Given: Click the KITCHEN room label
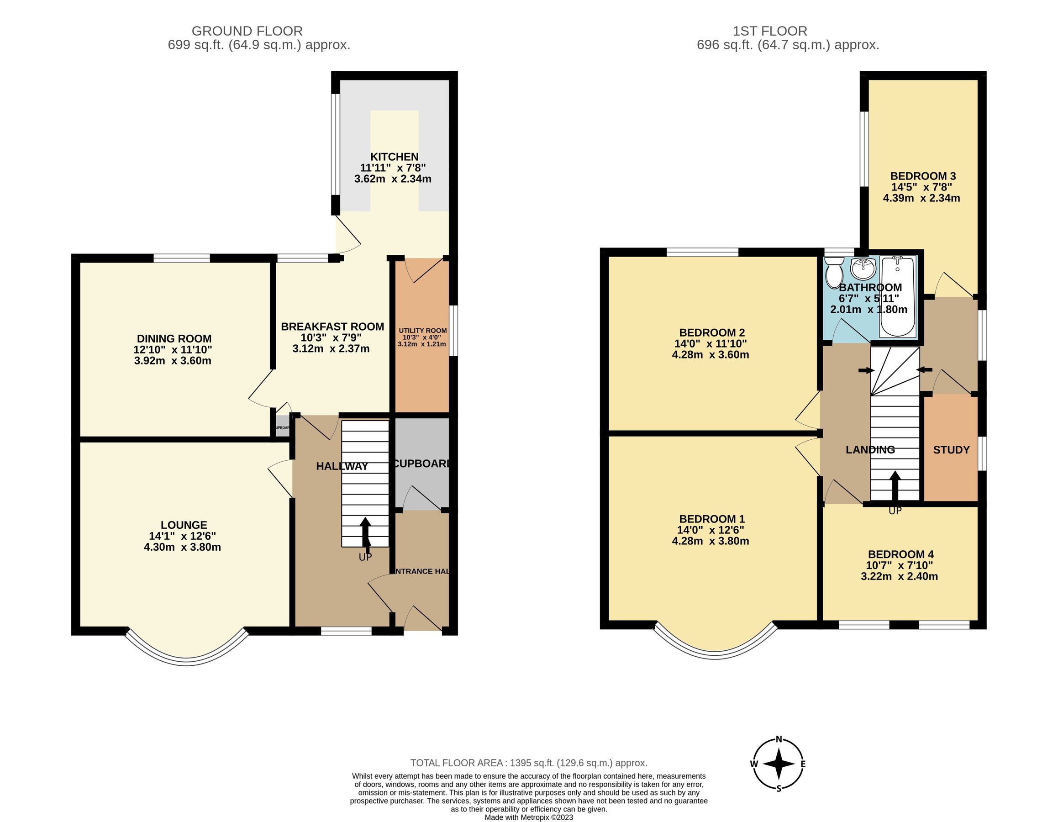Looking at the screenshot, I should tap(394, 157).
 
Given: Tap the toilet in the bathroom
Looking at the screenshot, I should tap(834, 272).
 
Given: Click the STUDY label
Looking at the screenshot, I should tap(951, 450).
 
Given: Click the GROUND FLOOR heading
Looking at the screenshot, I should tap(247, 31).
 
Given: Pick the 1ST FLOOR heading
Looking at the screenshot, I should tap(769, 31).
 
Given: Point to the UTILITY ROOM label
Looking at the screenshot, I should tap(422, 330).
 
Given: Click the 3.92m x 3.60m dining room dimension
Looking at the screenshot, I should tap(173, 361).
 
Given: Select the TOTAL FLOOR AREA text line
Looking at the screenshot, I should tap(528, 763).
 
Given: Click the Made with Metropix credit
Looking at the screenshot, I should tap(528, 817).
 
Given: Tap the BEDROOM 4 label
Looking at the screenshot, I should tap(900, 554).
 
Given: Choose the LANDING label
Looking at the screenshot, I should tap(870, 450).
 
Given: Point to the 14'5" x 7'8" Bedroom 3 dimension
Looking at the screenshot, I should tap(921, 187).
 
